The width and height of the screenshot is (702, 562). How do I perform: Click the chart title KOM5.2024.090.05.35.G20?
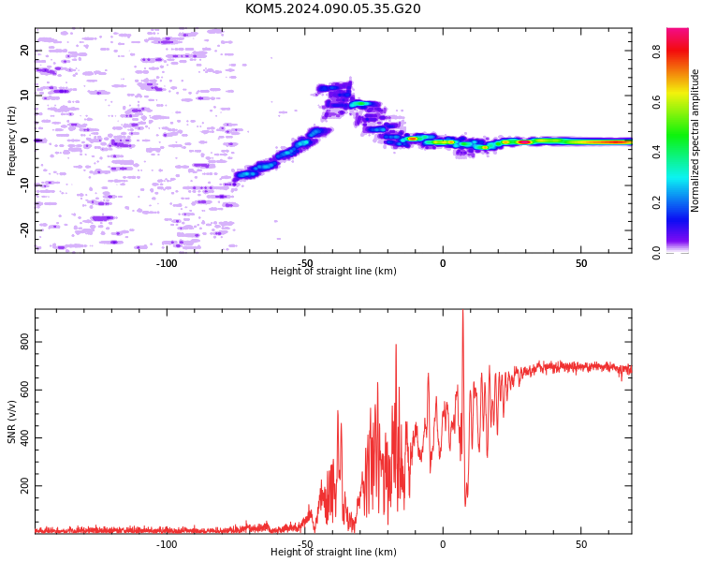point(332,8)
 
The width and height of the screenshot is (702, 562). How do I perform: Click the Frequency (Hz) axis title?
point(11,140)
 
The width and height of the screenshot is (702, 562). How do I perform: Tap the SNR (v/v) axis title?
point(11,421)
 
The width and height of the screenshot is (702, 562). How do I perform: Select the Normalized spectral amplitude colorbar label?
point(695,140)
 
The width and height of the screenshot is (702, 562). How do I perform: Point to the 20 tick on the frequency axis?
point(24,51)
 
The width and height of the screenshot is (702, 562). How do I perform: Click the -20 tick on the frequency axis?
point(24,230)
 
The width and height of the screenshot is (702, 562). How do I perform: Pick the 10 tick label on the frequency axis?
point(24,95)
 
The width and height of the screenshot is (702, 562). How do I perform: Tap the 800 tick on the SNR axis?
point(24,342)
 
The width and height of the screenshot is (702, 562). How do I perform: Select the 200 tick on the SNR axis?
point(24,486)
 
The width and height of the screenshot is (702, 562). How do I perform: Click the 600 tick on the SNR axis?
point(24,390)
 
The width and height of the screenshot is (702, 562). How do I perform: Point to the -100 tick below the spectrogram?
point(167,263)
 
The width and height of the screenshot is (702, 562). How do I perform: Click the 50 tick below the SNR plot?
point(581,544)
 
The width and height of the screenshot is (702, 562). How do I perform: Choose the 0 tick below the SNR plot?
point(443,544)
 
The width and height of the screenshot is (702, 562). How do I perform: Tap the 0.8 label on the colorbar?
point(656,52)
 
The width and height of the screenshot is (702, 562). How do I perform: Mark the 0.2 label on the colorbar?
point(656,202)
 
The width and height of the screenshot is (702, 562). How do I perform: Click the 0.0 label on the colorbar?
point(656,253)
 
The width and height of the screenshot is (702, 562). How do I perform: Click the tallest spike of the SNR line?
point(463,311)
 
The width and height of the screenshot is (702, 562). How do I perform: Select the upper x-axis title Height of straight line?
point(333,271)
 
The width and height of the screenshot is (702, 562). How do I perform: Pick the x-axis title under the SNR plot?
point(333,552)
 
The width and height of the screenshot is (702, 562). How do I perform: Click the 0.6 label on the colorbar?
point(656,102)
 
